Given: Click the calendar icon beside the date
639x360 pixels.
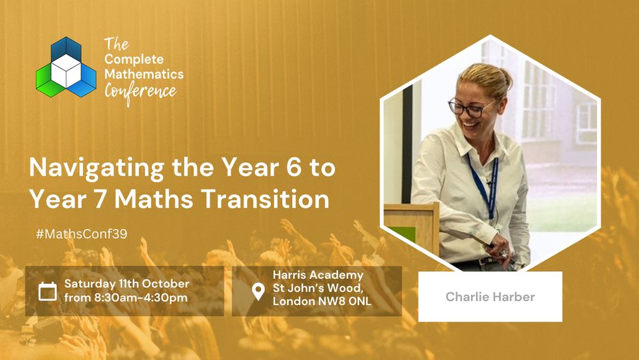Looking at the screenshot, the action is pyautogui.click(x=47, y=291).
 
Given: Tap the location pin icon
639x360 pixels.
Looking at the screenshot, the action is pyautogui.click(x=258, y=292).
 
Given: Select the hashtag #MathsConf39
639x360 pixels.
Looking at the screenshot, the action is pyautogui.click(x=82, y=234).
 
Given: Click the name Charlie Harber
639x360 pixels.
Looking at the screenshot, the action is pyautogui.click(x=490, y=297).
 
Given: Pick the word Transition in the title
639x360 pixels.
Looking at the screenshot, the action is pyautogui.click(x=266, y=199).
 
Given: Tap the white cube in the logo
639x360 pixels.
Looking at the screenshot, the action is pyautogui.click(x=66, y=70).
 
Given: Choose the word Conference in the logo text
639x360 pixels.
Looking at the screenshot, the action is pyautogui.click(x=141, y=93).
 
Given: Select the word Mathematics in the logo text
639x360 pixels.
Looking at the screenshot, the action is pyautogui.click(x=144, y=74).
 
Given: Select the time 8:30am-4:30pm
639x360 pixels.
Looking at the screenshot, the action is pyautogui.click(x=141, y=297).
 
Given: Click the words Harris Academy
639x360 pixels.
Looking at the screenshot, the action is pyautogui.click(x=318, y=275).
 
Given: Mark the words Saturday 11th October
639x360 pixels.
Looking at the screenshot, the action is pyautogui.click(x=127, y=283).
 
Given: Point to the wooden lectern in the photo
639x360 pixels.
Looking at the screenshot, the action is pyautogui.click(x=412, y=228).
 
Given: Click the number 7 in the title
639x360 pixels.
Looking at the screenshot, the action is pyautogui.click(x=100, y=200).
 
